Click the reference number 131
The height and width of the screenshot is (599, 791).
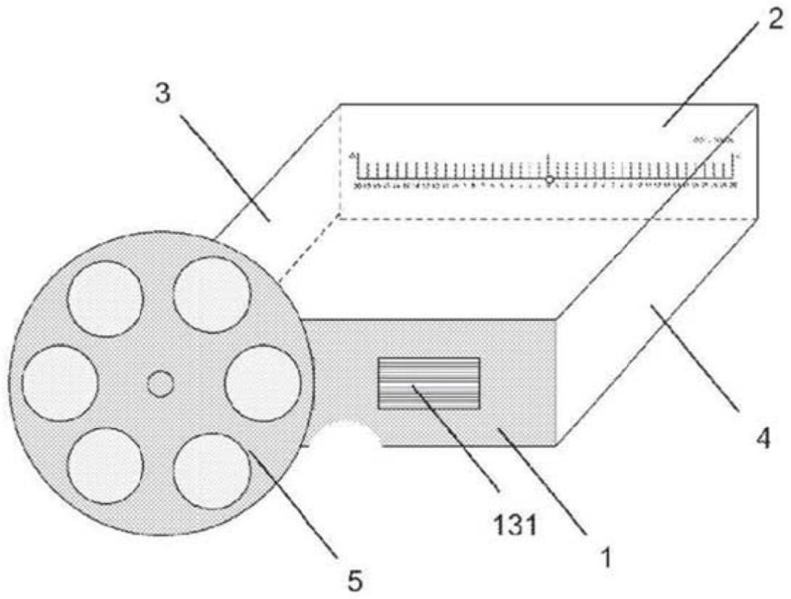(x=515, y=524)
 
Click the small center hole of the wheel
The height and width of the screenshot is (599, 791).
(x=160, y=384)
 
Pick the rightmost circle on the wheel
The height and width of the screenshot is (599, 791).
(x=262, y=384)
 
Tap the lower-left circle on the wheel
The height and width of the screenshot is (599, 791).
(x=104, y=466)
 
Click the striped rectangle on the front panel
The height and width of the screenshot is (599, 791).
(x=428, y=384)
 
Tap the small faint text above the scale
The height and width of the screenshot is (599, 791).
(x=713, y=139)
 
